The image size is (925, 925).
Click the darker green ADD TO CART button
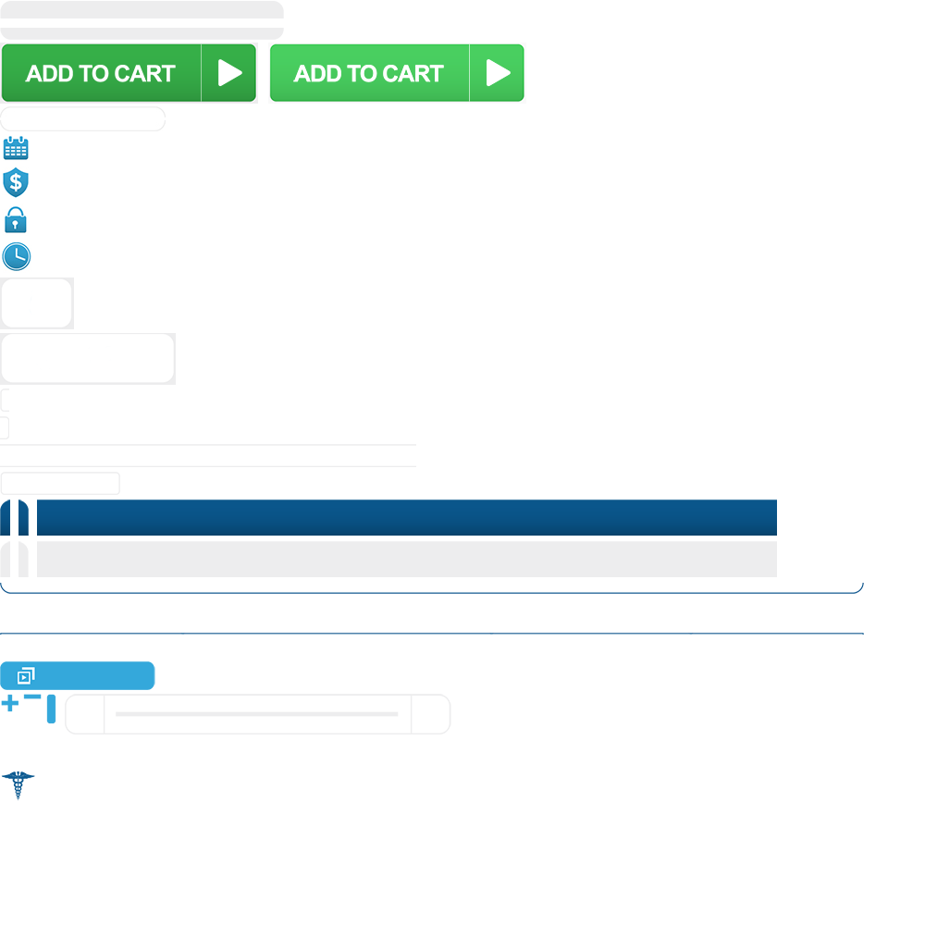tap(102, 73)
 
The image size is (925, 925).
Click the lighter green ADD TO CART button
tap(370, 73)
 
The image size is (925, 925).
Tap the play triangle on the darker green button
tap(229, 73)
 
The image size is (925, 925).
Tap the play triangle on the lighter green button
tap(498, 73)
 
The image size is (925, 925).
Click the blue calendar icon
tap(16, 148)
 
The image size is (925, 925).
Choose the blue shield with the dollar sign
tap(16, 182)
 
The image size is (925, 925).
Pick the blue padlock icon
tap(16, 220)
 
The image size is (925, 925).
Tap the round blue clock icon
tap(16, 256)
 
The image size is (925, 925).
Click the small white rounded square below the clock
tap(37, 302)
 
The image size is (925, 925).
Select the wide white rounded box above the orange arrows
tap(88, 358)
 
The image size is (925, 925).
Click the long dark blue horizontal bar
tap(407, 517)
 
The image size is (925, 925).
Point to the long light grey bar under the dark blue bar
tap(407, 560)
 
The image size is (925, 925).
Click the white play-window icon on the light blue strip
tap(26, 676)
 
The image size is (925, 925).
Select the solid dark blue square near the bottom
tap(18, 785)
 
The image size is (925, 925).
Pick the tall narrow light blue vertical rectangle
tap(52, 709)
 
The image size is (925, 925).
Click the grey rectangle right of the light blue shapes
tap(258, 713)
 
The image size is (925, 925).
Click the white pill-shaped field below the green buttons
tap(82, 118)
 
